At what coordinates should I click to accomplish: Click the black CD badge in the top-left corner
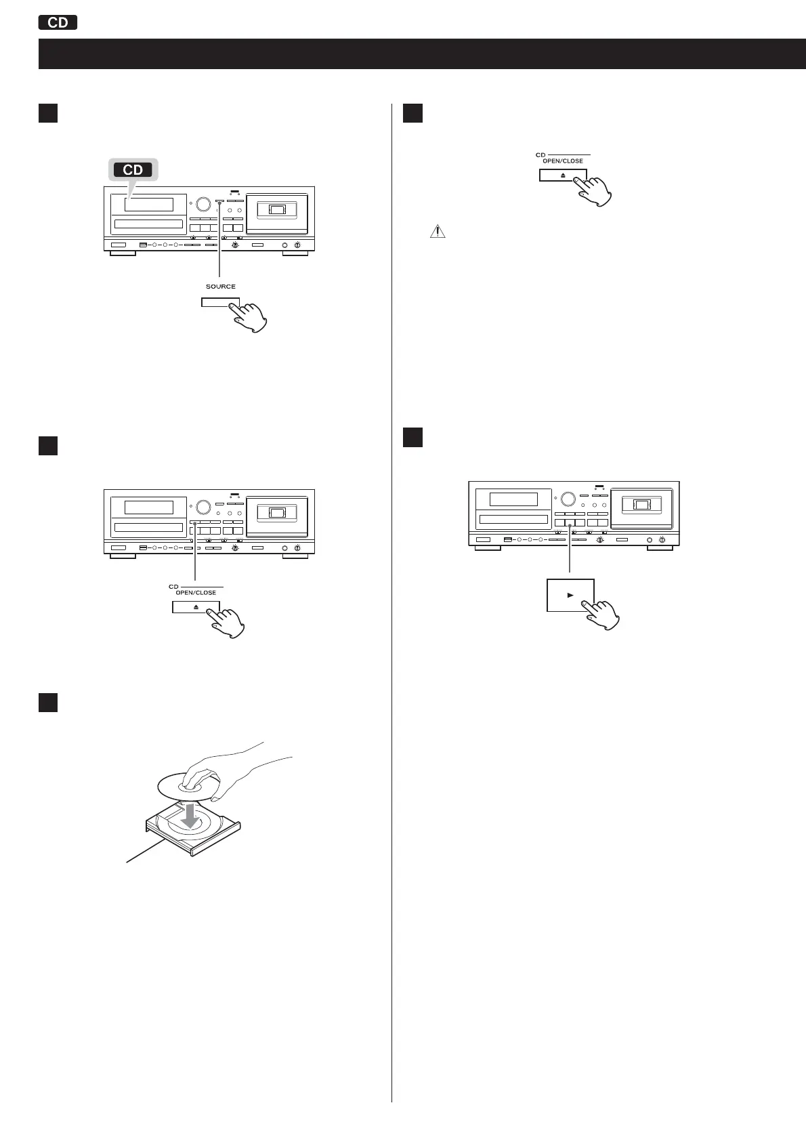pos(58,22)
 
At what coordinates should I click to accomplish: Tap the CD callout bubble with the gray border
pos(133,169)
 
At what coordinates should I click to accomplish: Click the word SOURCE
pos(221,287)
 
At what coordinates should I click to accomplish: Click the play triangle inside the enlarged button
pos(570,595)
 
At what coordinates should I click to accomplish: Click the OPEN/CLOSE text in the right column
pos(563,161)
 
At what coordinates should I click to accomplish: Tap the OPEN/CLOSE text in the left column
pos(196,593)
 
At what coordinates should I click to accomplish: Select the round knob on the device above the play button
pos(568,499)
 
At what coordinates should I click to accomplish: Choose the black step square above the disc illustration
pos(47,702)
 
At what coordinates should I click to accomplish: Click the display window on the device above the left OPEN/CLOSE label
pos(149,507)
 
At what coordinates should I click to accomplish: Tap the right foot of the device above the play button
pos(659,547)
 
